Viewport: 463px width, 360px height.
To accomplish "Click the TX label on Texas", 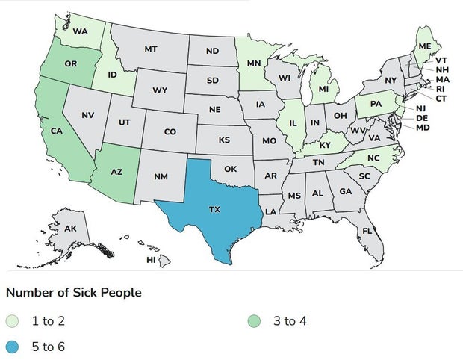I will tap(214, 210).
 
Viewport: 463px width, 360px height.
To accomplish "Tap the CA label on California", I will tap(56, 131).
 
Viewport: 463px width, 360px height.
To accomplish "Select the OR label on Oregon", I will tap(70, 64).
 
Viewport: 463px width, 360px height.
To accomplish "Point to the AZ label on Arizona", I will tap(116, 172).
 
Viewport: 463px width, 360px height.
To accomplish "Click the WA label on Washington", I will tap(81, 31).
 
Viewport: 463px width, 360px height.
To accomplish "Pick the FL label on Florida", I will tap(367, 231).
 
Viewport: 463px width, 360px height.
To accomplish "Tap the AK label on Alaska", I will tap(70, 228).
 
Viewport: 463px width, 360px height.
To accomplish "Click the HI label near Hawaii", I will tap(151, 260).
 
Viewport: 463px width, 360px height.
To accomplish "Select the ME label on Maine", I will tap(425, 46).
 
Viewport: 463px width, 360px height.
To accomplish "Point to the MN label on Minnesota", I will tap(254, 63).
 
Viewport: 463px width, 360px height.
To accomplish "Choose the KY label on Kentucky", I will tap(325, 145).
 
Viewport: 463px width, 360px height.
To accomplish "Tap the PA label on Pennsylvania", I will tap(376, 103).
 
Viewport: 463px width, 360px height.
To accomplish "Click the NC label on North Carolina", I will tap(373, 158).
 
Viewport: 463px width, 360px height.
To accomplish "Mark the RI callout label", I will tap(441, 89).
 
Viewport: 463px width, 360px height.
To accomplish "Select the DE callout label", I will tap(422, 118).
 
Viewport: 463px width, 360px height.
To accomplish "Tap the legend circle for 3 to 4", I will tap(255, 321).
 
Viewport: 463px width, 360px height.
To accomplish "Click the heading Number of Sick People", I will tap(73, 292).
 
